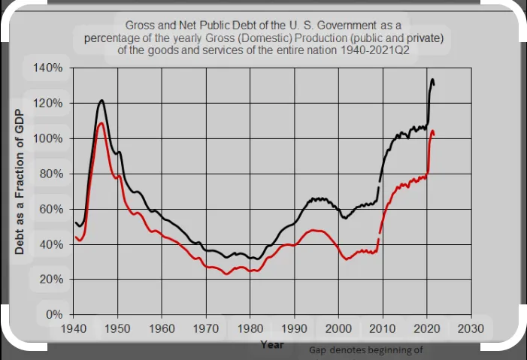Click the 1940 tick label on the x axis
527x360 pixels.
tap(73, 329)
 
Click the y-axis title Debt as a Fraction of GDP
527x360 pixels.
tap(20, 183)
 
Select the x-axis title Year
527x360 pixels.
tap(271, 344)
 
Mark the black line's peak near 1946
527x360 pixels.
tap(101, 100)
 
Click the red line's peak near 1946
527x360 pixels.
tap(101, 123)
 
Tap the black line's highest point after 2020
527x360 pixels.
tap(432, 79)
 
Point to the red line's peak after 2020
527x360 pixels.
tap(432, 131)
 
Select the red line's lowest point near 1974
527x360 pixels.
tap(226, 274)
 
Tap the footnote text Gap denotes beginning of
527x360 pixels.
tap(366, 350)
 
